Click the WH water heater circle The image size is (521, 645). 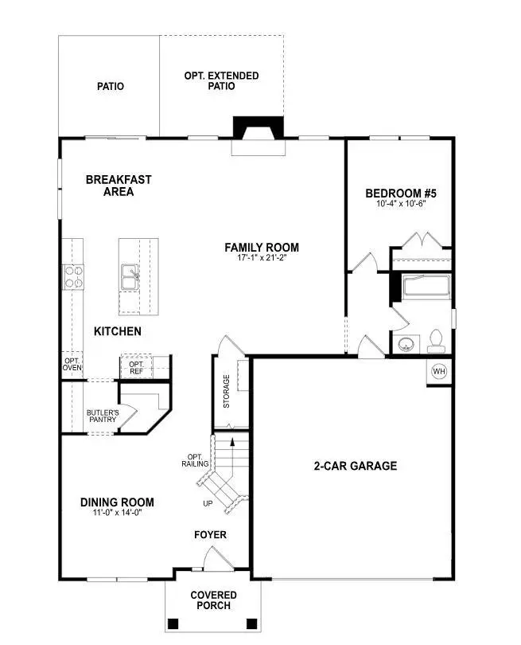(x=439, y=371)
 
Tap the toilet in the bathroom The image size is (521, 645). (x=435, y=342)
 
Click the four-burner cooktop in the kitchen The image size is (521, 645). (x=74, y=276)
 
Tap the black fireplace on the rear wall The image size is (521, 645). (x=258, y=129)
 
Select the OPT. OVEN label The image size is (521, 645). (x=72, y=363)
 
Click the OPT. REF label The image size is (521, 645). (x=131, y=367)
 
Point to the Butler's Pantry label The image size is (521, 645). (x=102, y=416)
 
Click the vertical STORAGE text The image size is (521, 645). (x=227, y=392)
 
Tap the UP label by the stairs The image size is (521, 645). (x=207, y=503)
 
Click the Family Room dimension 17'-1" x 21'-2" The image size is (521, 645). (x=262, y=258)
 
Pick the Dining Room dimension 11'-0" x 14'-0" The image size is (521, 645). (x=117, y=513)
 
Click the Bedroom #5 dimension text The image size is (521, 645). (x=401, y=204)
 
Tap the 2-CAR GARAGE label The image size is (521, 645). (x=355, y=466)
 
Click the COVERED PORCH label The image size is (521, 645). (x=212, y=600)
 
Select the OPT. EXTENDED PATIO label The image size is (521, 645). (x=221, y=80)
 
